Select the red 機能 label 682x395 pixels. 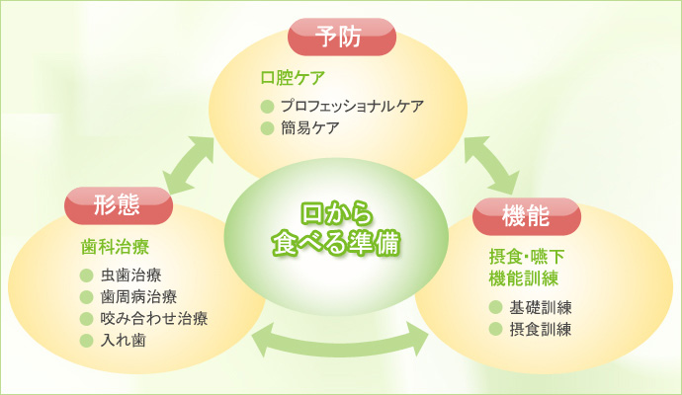[525, 213]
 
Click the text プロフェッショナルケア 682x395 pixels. [352, 105]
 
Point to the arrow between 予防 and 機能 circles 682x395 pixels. [488, 161]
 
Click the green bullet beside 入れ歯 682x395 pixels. [85, 341]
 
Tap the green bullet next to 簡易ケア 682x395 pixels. [265, 127]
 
